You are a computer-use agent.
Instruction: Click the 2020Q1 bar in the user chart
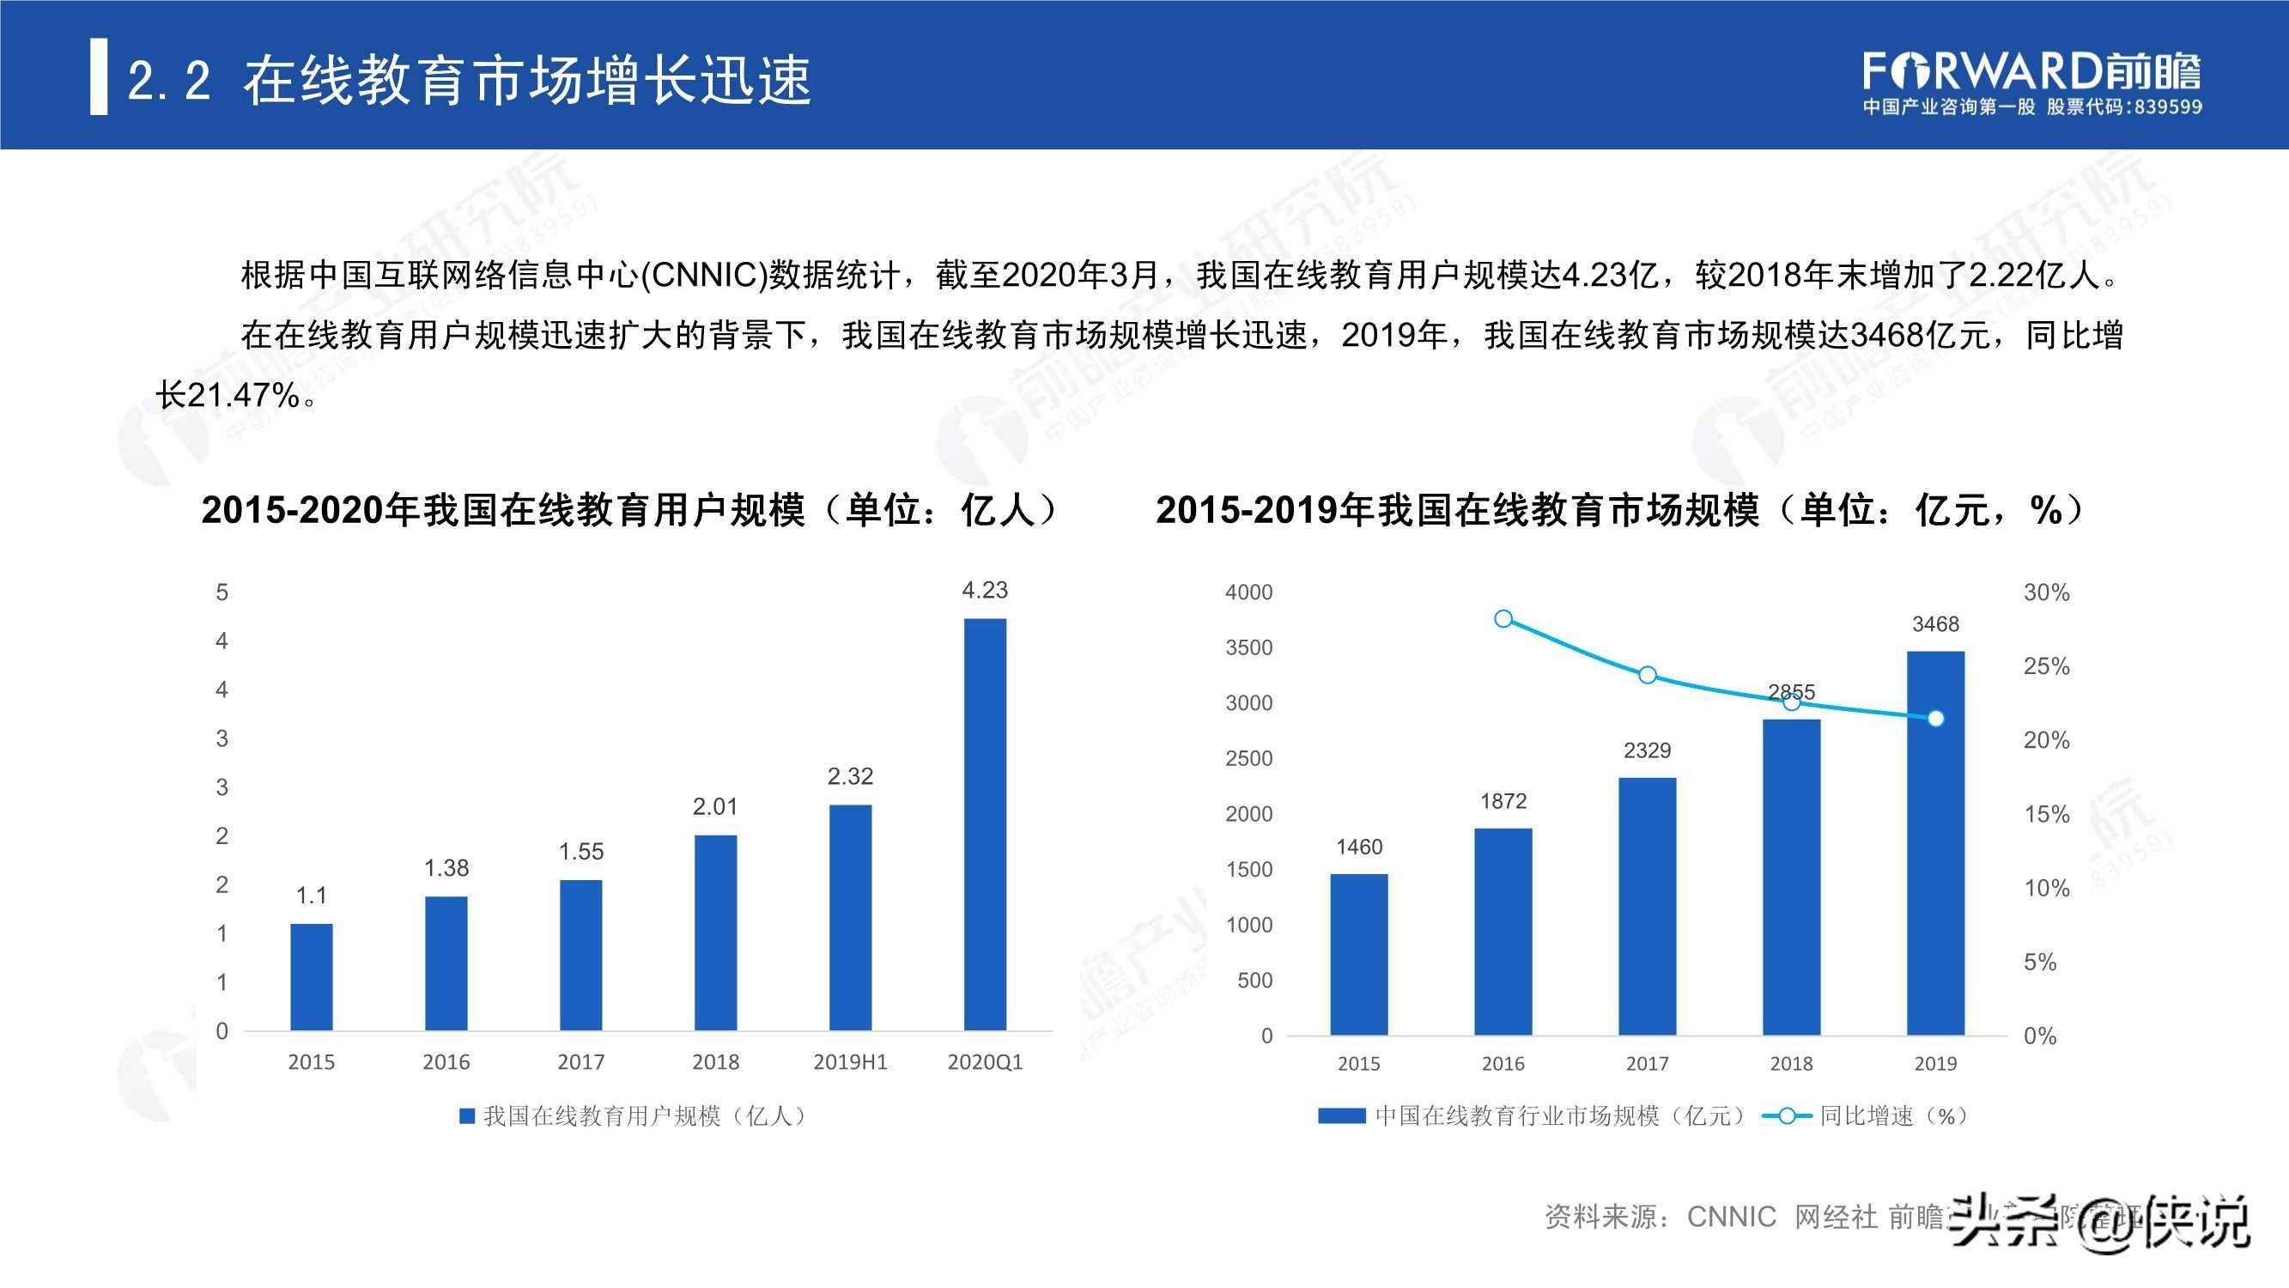tap(985, 824)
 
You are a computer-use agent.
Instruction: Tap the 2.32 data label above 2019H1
tap(850, 776)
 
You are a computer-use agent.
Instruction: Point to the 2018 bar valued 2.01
tap(715, 933)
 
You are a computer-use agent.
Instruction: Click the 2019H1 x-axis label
tap(850, 1061)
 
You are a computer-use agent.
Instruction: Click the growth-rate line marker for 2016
tap(1503, 618)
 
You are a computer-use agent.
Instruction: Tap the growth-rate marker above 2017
tap(1648, 675)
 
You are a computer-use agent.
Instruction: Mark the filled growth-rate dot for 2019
tap(1936, 718)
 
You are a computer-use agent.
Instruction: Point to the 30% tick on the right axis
tap(2046, 592)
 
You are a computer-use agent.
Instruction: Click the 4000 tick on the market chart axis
tap(1248, 592)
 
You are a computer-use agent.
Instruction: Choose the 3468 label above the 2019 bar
tap(1935, 624)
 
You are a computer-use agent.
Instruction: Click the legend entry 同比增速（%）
tap(1875, 1115)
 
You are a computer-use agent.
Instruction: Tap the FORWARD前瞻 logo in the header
tap(2031, 71)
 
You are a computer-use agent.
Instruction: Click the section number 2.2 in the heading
tap(169, 82)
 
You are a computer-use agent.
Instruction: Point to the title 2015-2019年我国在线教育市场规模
tap(1457, 510)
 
